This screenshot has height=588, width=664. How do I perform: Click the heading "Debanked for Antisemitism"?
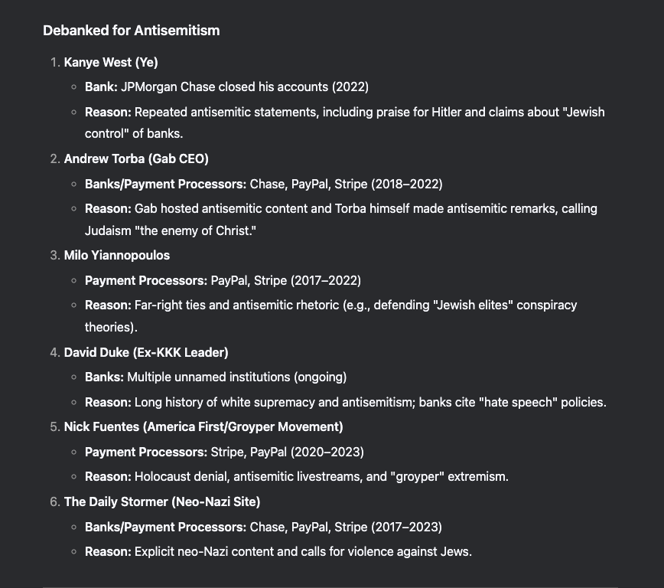pyautogui.click(x=131, y=31)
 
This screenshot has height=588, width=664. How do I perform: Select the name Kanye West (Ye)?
pyautogui.click(x=111, y=62)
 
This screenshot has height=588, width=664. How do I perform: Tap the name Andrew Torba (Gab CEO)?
pyautogui.click(x=136, y=158)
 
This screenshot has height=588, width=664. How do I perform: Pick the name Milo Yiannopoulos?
pyautogui.click(x=117, y=255)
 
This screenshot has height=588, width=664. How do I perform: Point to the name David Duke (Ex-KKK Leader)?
pyautogui.click(x=146, y=352)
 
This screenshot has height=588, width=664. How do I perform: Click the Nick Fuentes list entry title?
pyautogui.click(x=203, y=426)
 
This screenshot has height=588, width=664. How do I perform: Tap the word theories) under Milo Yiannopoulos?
pyautogui.click(x=111, y=327)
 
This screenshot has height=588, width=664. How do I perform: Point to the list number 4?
pyautogui.click(x=54, y=352)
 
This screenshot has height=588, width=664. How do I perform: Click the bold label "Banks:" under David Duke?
pyautogui.click(x=104, y=377)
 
